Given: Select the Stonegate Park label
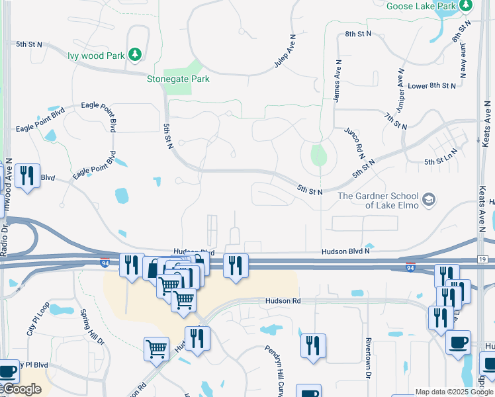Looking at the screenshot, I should pos(178,79).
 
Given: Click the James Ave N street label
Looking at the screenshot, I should pos(338,81).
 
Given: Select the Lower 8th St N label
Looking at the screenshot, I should pos(432,86).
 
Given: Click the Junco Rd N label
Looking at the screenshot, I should pos(354,142).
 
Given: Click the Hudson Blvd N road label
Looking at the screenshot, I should pos(345,251).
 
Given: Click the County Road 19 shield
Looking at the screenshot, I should pos(481,259).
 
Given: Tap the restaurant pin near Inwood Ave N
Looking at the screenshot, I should pos(27,176).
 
